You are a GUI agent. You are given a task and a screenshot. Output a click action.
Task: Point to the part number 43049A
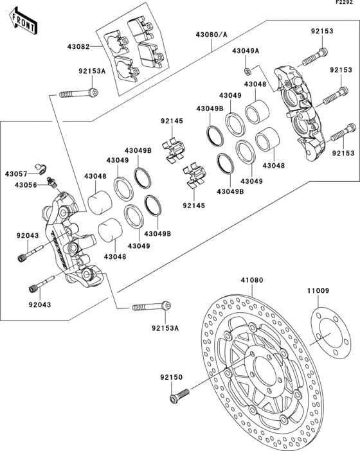(246, 51)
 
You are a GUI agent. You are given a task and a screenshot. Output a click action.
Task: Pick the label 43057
(17, 174)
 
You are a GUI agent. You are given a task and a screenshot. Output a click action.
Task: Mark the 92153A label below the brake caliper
(165, 328)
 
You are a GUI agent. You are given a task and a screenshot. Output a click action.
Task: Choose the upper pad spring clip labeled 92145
(175, 149)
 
